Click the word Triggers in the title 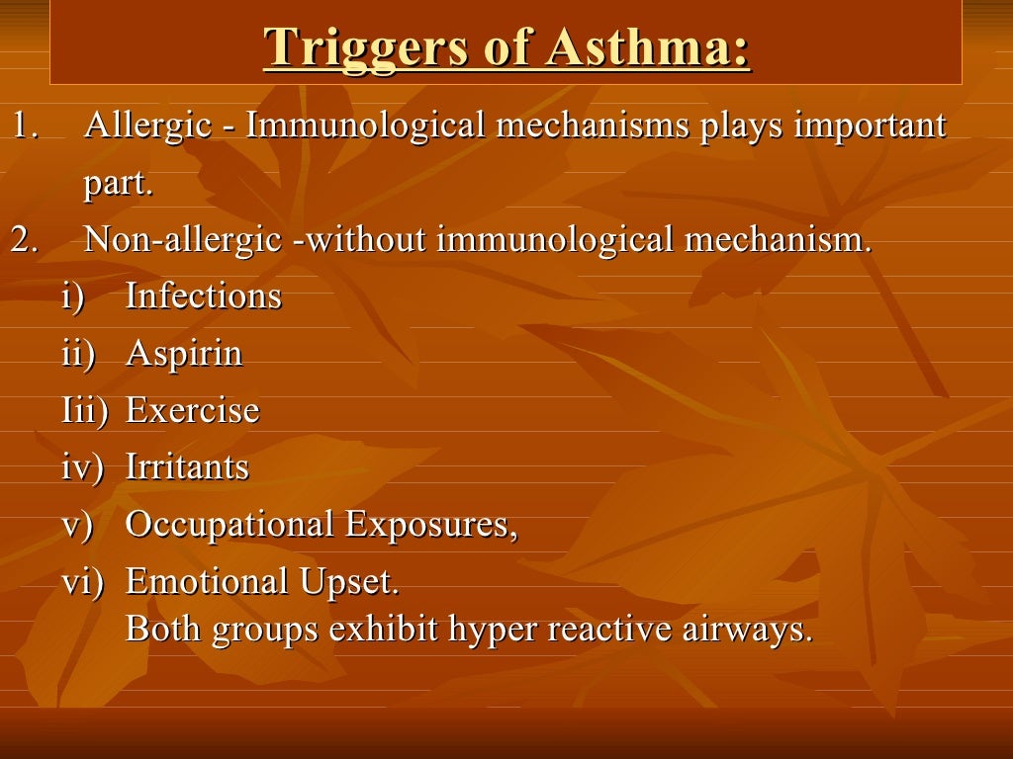[x=365, y=46]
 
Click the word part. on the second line [x=119, y=185]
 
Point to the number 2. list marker [x=25, y=240]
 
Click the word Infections [x=204, y=296]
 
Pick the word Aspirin [x=184, y=354]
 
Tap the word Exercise [x=193, y=410]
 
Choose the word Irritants [x=187, y=467]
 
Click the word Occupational [x=230, y=524]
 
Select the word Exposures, [x=431, y=524]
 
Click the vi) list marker [x=83, y=581]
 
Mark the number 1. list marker [x=24, y=126]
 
